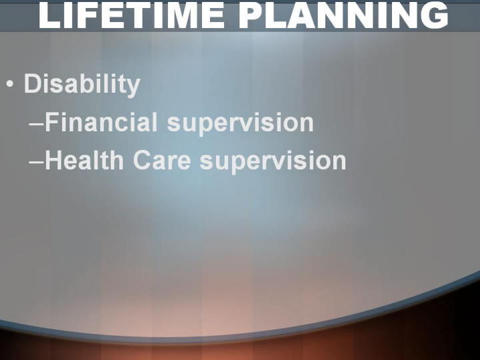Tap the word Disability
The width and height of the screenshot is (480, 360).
pyautogui.click(x=82, y=84)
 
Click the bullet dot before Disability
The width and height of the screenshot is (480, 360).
pyautogui.click(x=10, y=84)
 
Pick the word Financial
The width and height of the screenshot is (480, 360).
pyautogui.click(x=101, y=122)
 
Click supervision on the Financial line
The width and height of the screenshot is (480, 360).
pyautogui.click(x=240, y=123)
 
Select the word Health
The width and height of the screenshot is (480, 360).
pyautogui.click(x=84, y=160)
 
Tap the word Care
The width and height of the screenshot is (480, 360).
pyautogui.click(x=162, y=160)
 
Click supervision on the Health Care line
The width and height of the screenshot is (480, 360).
pyautogui.click(x=273, y=161)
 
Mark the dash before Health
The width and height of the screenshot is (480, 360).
pyautogui.click(x=37, y=162)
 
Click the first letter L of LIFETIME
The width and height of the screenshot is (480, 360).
pyautogui.click(x=49, y=15)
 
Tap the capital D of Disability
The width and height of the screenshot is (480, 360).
pyautogui.click(x=33, y=83)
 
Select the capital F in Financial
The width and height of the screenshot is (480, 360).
pyautogui.click(x=53, y=122)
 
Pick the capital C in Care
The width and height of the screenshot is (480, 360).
pyautogui.click(x=143, y=160)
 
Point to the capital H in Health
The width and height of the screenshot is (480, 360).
pyautogui.click(x=53, y=160)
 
